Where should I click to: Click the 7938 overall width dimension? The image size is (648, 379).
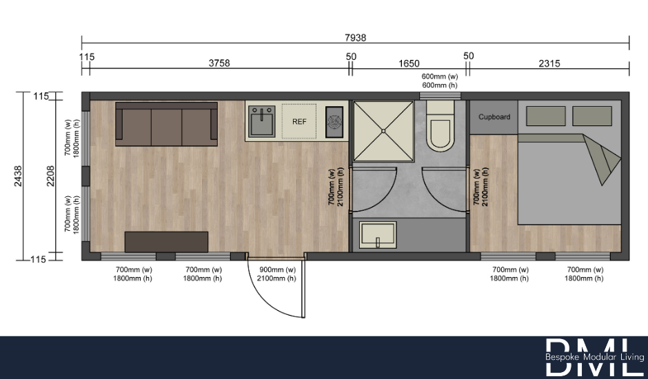tap(356, 37)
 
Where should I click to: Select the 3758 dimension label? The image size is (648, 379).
tap(219, 63)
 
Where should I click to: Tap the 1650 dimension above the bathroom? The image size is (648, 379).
tap(409, 63)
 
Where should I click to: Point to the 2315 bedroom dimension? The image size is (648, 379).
tap(549, 63)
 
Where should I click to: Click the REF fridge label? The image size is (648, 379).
tap(299, 122)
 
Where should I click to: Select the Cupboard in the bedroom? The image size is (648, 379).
tap(494, 117)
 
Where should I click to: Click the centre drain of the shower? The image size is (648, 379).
tap(383, 130)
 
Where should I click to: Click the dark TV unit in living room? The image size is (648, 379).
tap(166, 241)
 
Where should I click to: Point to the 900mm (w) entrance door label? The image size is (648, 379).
tap(276, 270)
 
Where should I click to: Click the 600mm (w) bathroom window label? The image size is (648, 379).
tap(440, 76)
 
